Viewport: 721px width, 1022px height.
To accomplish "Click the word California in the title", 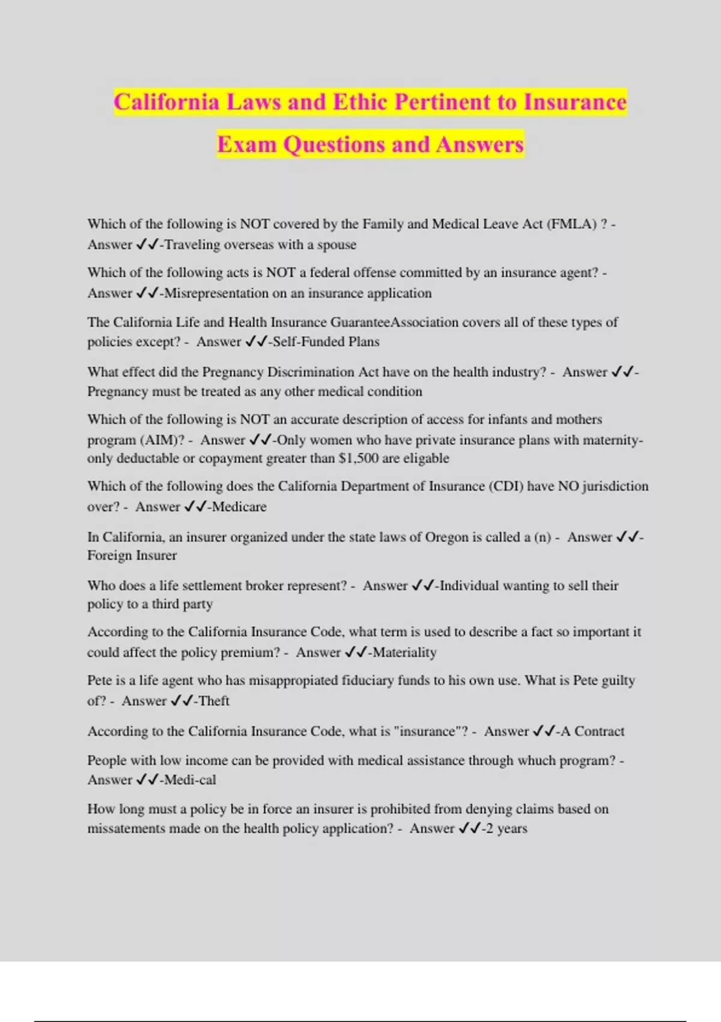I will [x=166, y=102].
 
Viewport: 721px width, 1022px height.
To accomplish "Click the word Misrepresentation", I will [x=226, y=293].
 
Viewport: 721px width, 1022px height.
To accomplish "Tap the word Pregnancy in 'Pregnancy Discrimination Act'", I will [x=231, y=372].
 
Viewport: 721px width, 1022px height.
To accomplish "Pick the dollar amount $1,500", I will [x=358, y=459].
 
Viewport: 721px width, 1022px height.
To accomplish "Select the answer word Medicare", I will [x=239, y=507].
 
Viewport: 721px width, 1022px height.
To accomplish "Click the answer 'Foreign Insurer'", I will [x=132, y=555].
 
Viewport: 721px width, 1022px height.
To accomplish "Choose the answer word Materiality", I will [x=404, y=652].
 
